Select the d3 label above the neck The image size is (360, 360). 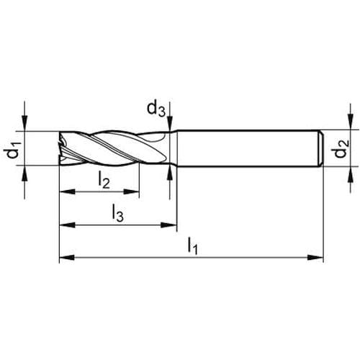[x=156, y=109]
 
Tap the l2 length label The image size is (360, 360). [x=104, y=180]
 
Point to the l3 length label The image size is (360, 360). [x=118, y=213]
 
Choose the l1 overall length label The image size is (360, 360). [x=193, y=246]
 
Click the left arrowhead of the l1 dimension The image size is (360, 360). [x=67, y=258]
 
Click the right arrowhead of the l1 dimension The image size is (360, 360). [x=316, y=258]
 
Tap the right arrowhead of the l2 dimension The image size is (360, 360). [x=132, y=192]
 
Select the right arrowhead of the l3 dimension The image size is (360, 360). [x=169, y=225]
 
